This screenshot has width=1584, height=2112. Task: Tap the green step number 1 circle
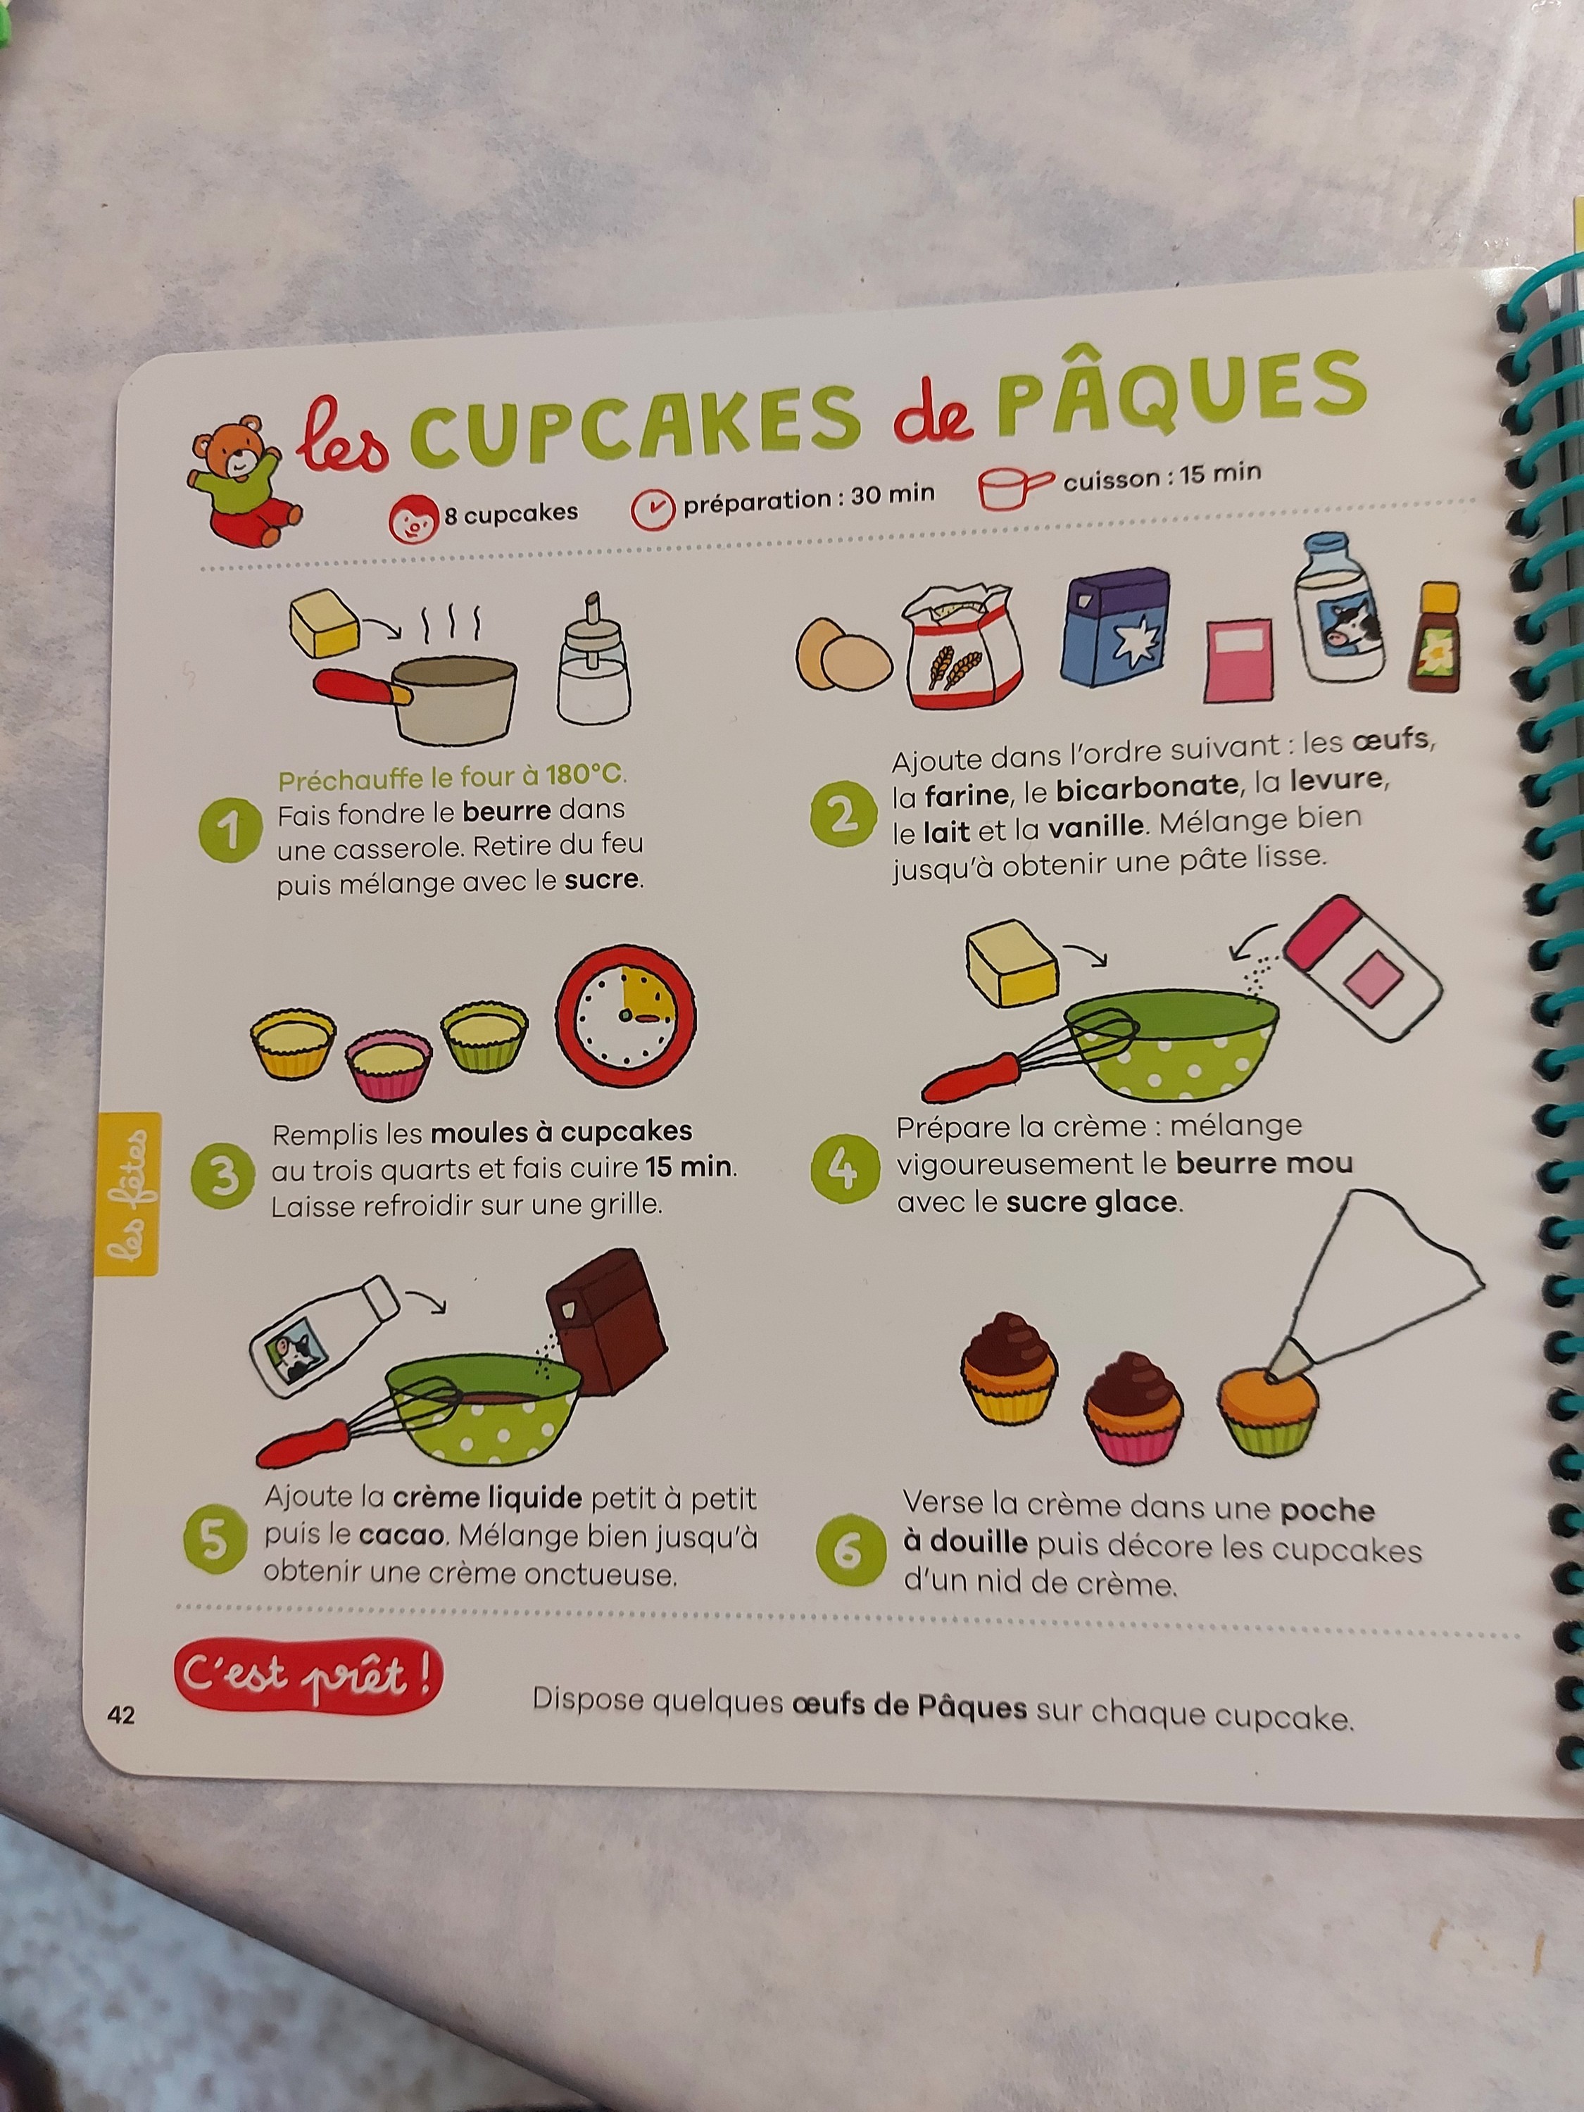click(x=230, y=830)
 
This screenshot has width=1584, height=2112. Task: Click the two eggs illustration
click(x=843, y=654)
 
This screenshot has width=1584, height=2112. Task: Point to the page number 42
click(x=121, y=1716)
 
